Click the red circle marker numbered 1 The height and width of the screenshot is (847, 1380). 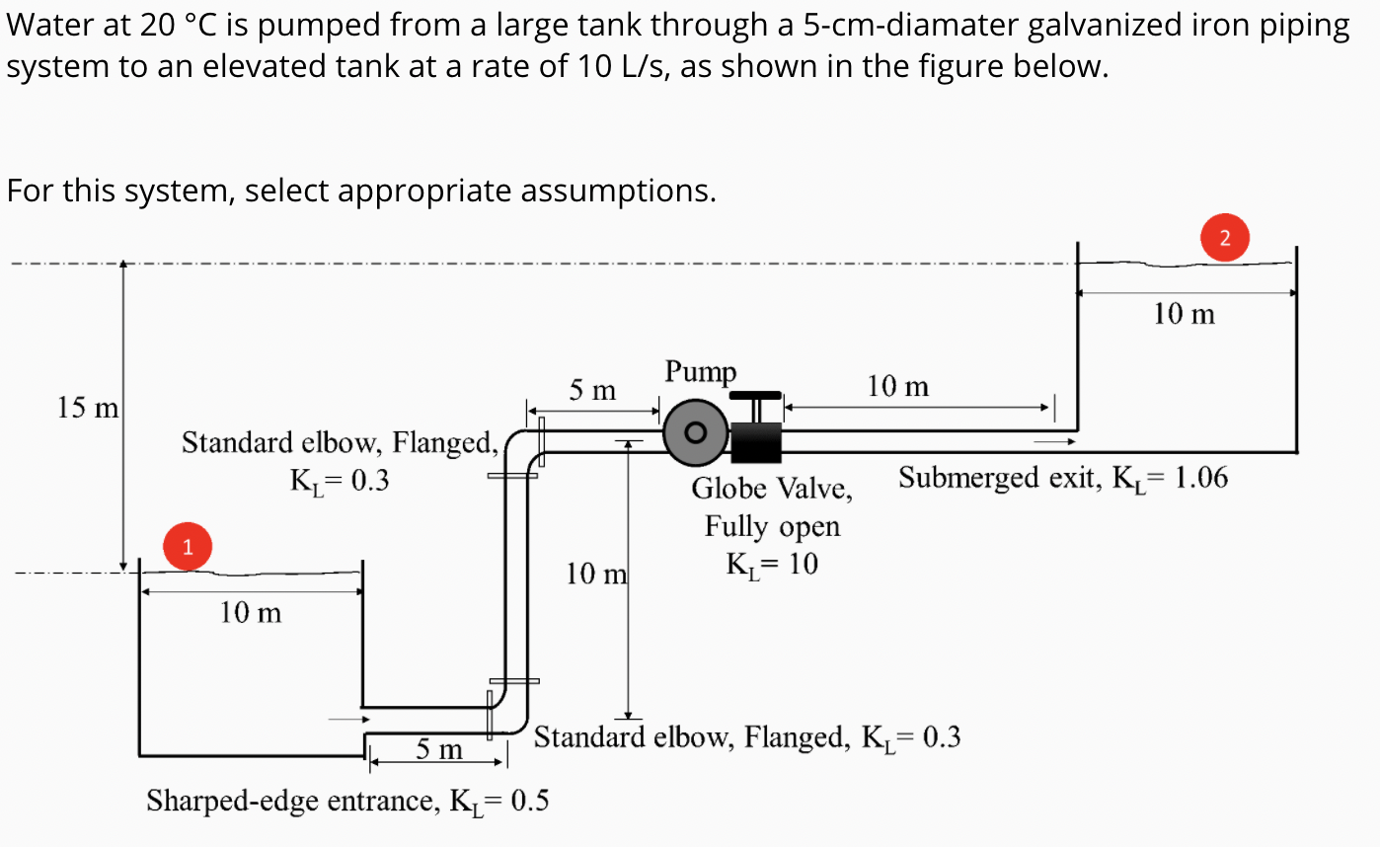(188, 546)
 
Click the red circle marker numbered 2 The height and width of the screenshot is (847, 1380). (1225, 237)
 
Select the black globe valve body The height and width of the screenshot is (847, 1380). (756, 441)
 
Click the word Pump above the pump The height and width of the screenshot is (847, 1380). (700, 372)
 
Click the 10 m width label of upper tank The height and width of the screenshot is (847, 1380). (1185, 314)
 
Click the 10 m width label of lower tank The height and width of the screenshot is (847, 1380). (250, 613)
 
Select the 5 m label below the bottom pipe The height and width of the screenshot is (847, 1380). (438, 751)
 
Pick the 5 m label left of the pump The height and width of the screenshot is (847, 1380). (592, 391)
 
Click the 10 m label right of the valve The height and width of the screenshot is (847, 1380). (897, 386)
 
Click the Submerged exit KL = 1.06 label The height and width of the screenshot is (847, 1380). (1063, 479)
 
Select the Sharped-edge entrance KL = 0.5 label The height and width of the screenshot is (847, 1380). (347, 801)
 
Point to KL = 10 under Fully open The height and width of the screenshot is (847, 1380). (771, 565)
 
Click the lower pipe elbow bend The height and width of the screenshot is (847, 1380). (512, 717)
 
